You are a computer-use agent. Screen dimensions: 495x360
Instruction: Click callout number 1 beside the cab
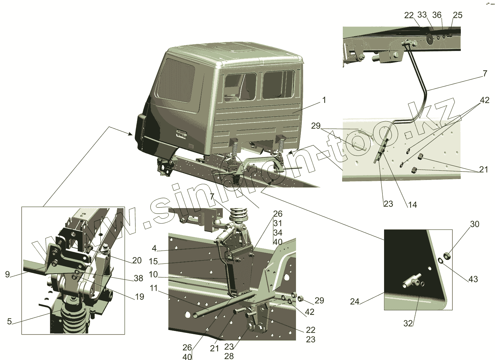[324, 100]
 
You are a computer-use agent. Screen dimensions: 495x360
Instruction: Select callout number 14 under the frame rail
[412, 205]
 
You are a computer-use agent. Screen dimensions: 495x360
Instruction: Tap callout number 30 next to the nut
[474, 224]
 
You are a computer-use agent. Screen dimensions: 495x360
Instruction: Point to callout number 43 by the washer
[473, 279]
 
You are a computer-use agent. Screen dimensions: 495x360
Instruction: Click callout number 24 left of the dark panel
[354, 301]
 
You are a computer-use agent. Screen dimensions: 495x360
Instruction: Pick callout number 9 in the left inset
[7, 275]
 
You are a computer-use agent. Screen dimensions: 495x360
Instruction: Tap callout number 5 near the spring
[9, 321]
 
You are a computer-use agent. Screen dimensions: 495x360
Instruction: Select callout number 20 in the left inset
[137, 260]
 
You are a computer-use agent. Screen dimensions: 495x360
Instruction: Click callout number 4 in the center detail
[154, 248]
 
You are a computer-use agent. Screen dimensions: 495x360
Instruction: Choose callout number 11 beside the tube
[153, 288]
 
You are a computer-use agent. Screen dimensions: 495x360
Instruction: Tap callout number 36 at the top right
[437, 15]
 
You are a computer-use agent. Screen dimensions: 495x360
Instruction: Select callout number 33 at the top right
[422, 15]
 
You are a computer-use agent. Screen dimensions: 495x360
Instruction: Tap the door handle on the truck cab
[181, 134]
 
